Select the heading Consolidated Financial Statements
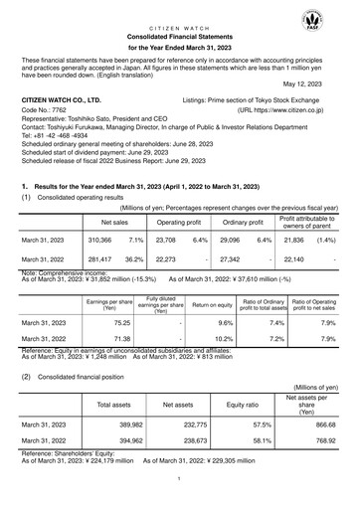179,33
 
